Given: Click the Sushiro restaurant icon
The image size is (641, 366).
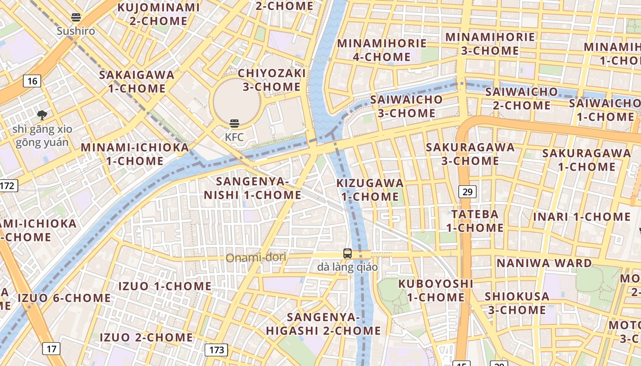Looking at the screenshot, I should (x=76, y=18).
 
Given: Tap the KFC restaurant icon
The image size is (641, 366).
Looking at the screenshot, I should (x=234, y=123).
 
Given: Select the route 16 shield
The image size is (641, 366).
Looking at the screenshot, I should (x=32, y=81).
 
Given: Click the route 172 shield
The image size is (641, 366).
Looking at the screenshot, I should (x=8, y=186).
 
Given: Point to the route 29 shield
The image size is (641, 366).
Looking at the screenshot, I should (x=467, y=192).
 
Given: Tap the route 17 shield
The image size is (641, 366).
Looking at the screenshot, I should (x=51, y=349).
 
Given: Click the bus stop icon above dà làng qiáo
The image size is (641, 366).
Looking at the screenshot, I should (x=348, y=253).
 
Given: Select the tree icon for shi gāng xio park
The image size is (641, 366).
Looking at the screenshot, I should (x=42, y=115).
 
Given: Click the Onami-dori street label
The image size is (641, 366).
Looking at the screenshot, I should (x=256, y=258).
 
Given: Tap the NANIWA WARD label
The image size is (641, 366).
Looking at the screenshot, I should (x=544, y=263).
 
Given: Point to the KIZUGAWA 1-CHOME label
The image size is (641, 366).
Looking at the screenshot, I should (x=370, y=190).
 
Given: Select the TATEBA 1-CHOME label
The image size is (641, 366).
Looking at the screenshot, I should (x=475, y=221).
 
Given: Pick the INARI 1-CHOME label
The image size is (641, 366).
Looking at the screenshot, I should (x=581, y=217).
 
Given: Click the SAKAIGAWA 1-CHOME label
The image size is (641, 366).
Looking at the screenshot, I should (x=137, y=81).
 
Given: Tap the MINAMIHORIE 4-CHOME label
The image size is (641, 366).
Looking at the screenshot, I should (x=382, y=50).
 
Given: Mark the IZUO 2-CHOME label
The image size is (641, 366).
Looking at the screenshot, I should (x=147, y=338).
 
